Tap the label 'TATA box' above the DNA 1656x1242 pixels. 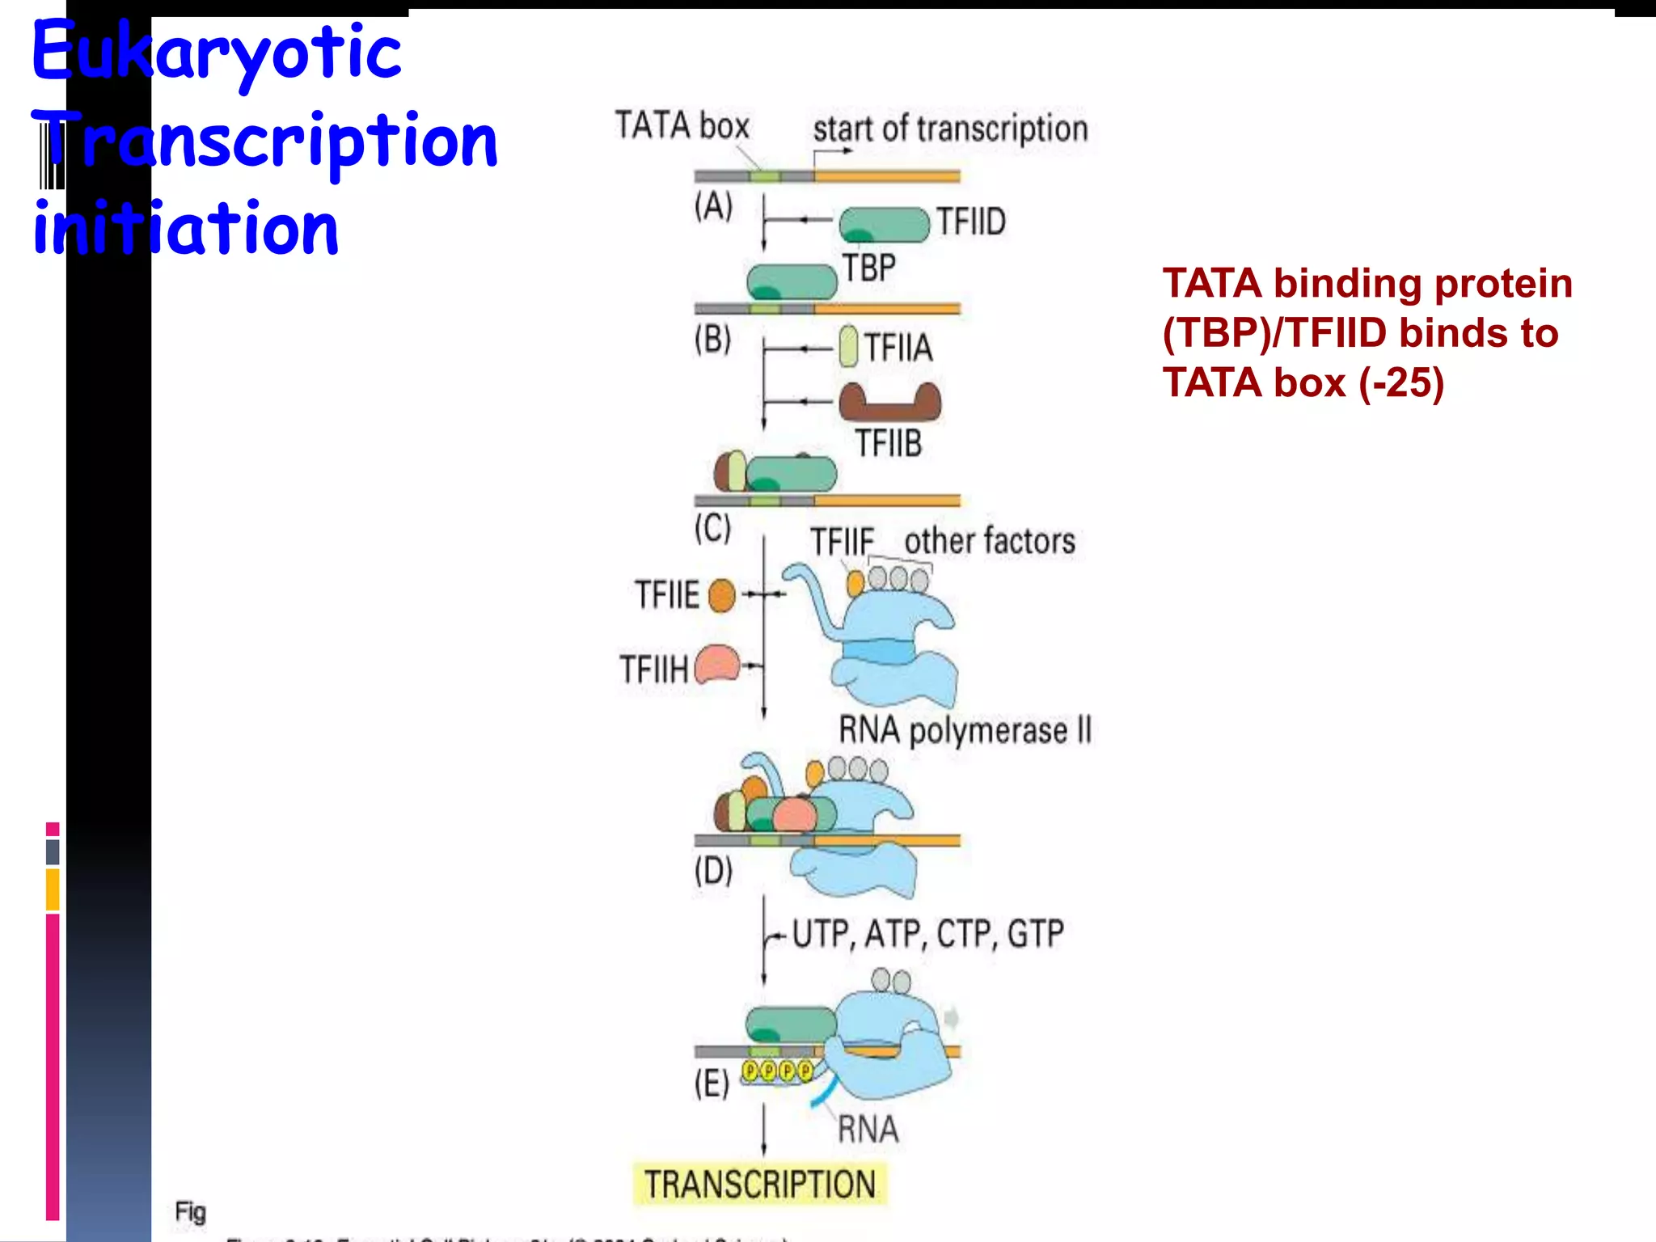[x=682, y=126]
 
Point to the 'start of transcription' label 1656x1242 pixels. [x=950, y=129]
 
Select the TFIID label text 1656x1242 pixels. [x=971, y=222]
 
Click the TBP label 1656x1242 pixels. [x=869, y=268]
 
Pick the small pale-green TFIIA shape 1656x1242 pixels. [x=848, y=346]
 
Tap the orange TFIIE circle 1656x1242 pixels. [x=721, y=597]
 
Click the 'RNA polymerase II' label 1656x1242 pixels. [x=965, y=730]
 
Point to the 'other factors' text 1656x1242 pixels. [x=990, y=542]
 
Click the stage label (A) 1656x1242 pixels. [x=713, y=206]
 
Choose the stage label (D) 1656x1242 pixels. [x=713, y=872]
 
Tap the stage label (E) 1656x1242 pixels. [x=712, y=1084]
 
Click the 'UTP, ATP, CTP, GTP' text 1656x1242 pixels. [x=927, y=935]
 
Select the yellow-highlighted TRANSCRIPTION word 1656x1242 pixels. [x=759, y=1185]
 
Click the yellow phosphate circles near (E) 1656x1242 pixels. [x=777, y=1072]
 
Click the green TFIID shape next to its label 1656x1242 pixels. [x=884, y=225]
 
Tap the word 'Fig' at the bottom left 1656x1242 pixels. [x=191, y=1212]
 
